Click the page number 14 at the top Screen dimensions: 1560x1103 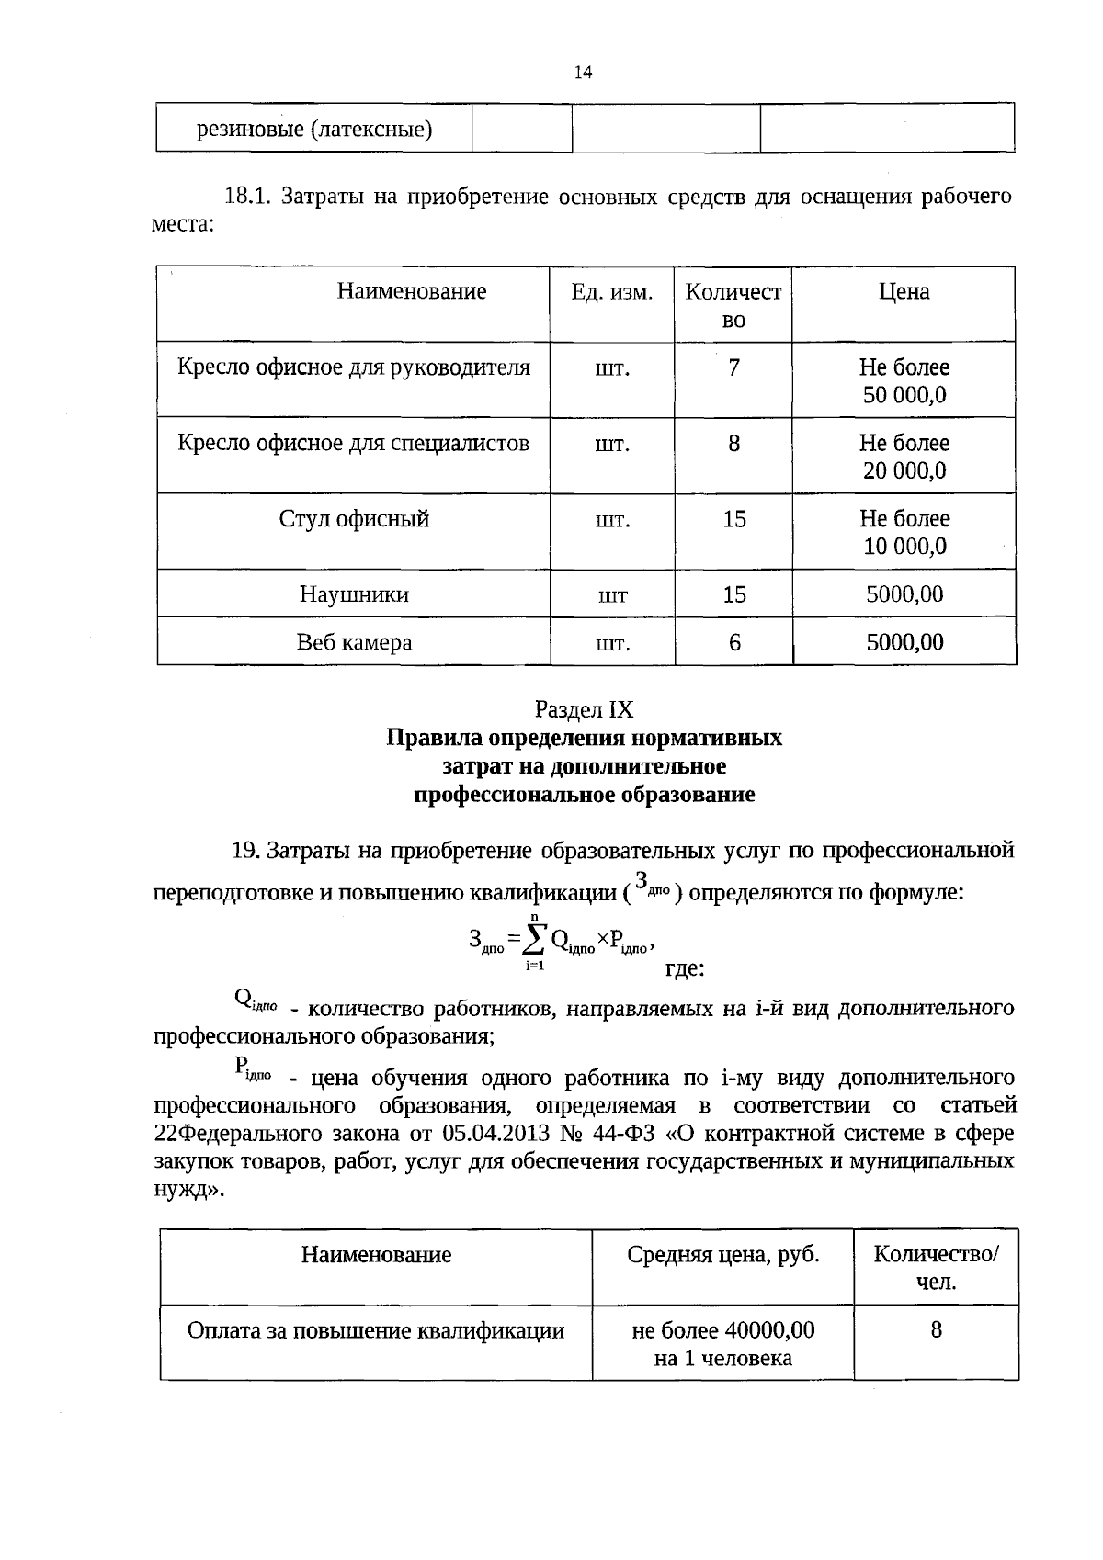[x=583, y=73]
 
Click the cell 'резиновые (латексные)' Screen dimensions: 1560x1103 [x=314, y=129]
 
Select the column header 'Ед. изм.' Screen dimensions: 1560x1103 [x=612, y=292]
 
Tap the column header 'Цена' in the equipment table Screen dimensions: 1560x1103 [x=904, y=292]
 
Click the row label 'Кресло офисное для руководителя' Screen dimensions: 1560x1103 [x=354, y=368]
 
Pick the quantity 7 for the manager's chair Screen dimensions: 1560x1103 [x=733, y=368]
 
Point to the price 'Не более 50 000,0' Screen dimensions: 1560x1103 [x=904, y=381]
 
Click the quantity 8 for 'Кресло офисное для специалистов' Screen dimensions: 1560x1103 [x=733, y=444]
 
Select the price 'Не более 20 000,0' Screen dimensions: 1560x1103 [x=904, y=457]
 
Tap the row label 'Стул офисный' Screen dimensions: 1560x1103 [x=354, y=520]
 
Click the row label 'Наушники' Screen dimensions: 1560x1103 [x=354, y=594]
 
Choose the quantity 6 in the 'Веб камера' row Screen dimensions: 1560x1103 [x=733, y=642]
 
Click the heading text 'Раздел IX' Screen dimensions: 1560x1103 [x=584, y=710]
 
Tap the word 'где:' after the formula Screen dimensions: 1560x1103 [x=684, y=968]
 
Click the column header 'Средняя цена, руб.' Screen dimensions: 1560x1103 [x=722, y=1255]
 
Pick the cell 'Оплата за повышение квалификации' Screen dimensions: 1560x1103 [x=375, y=1330]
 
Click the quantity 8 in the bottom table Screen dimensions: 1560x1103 [x=936, y=1330]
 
